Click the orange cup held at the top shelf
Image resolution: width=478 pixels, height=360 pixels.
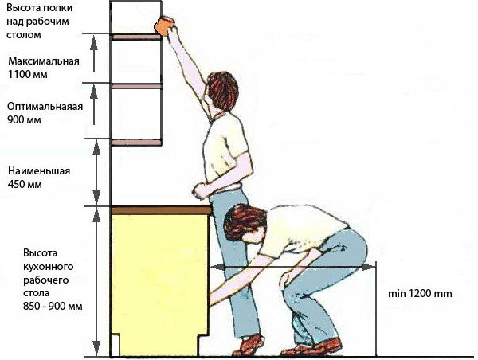165,25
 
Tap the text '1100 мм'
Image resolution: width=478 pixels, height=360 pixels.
27,74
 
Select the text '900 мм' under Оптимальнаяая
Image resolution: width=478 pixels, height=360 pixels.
24,119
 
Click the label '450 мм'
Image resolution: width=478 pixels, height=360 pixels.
25,185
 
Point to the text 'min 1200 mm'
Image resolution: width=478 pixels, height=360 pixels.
420,294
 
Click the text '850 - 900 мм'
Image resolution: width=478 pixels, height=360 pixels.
53,306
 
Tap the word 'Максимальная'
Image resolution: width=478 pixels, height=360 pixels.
44,61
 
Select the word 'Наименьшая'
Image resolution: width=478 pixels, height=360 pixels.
39,170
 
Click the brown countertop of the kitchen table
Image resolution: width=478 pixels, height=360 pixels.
161,209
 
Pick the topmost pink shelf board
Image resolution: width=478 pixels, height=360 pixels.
135,37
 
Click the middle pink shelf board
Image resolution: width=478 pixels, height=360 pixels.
136,86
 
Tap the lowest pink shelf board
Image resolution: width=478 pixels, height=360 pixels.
136,142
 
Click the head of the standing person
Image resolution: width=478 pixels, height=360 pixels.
222,90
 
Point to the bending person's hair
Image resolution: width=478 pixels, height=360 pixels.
244,222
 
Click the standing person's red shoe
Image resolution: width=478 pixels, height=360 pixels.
249,345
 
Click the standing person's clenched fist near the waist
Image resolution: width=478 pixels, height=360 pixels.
200,191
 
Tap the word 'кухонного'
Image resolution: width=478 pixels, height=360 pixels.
48,267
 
